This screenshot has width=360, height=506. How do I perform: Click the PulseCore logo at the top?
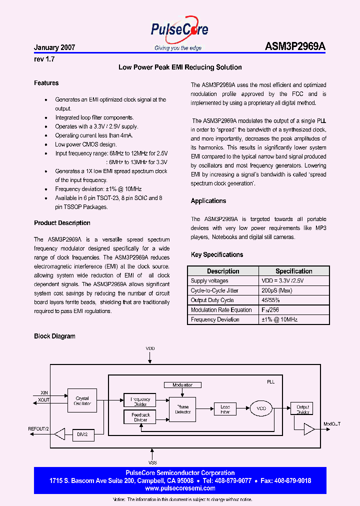coord(179,30)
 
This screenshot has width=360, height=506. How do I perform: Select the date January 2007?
coord(54,48)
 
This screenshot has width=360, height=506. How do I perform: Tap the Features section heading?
coord(46,83)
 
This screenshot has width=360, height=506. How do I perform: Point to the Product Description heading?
coord(62,223)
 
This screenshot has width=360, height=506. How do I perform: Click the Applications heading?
coord(208,201)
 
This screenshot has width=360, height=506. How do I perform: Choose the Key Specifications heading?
coord(217,255)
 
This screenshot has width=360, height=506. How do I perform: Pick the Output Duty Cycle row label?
coord(212,300)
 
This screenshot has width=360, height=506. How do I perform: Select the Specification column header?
coord(294,271)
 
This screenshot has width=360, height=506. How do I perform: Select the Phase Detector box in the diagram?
coord(182,409)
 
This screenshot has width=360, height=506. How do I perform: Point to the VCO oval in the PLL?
coord(261,408)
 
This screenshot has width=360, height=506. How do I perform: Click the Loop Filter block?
coord(225,409)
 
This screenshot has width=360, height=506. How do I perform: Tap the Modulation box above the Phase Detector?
coord(182,385)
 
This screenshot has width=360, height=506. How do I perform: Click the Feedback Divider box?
coord(140,417)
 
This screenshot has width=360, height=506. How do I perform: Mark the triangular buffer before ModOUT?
coord(309,429)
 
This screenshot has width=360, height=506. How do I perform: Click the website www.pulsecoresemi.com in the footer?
coord(179,488)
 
